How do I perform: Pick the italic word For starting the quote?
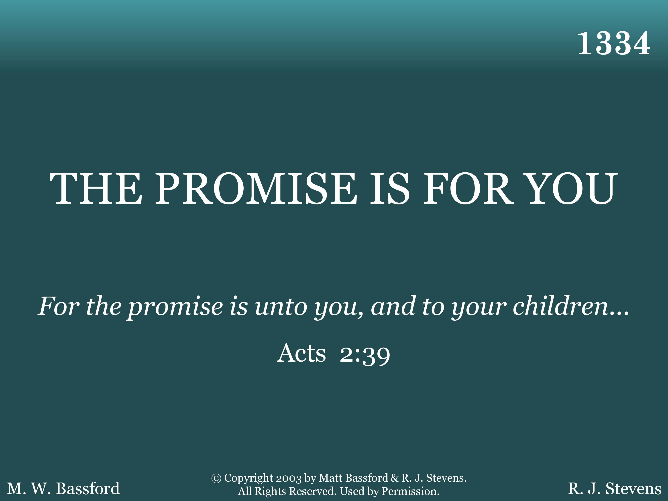click(59, 307)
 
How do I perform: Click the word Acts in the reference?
click(301, 353)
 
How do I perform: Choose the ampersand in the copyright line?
click(395, 478)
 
